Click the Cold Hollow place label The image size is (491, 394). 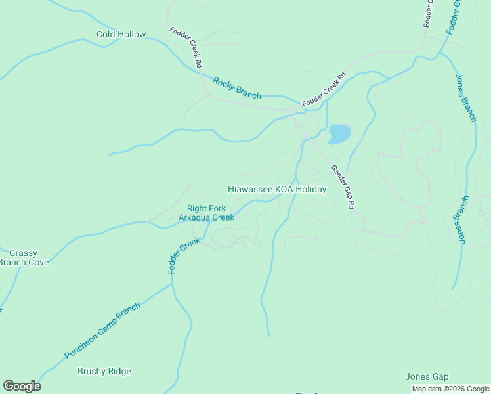point(121,34)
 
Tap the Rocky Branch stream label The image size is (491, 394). point(237,88)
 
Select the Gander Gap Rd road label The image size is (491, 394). point(342,187)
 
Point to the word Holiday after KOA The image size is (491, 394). point(310,189)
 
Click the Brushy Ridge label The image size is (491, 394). point(104,371)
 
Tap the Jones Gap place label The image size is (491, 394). point(427,376)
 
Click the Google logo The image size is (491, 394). point(22,386)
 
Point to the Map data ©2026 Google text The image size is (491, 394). point(450,389)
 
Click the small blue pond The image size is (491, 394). point(339,133)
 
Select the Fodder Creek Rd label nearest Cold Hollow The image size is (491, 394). point(185,47)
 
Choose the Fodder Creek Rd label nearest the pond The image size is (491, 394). point(324,91)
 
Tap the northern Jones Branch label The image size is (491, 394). point(465,98)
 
